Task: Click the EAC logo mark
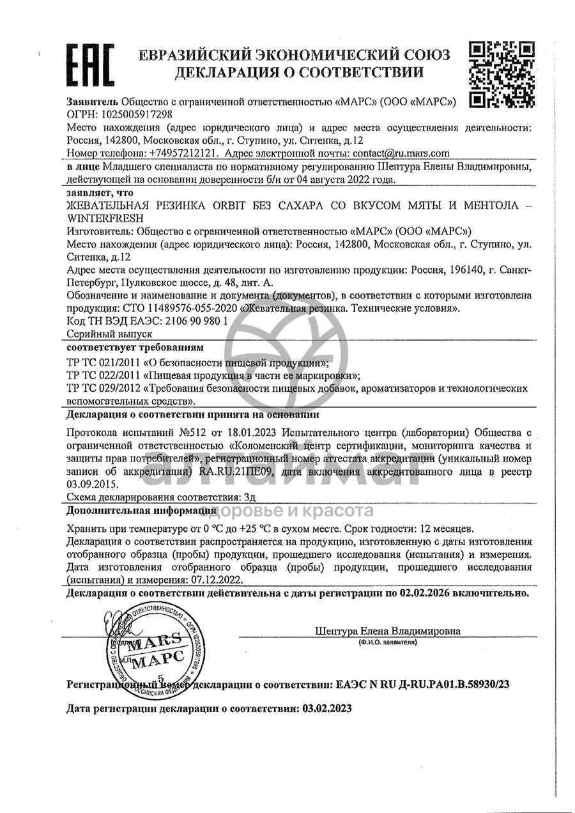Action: [91, 65]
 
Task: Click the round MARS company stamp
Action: [146, 647]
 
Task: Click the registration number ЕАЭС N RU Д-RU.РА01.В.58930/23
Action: [422, 685]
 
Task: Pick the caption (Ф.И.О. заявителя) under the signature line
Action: [387, 641]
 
